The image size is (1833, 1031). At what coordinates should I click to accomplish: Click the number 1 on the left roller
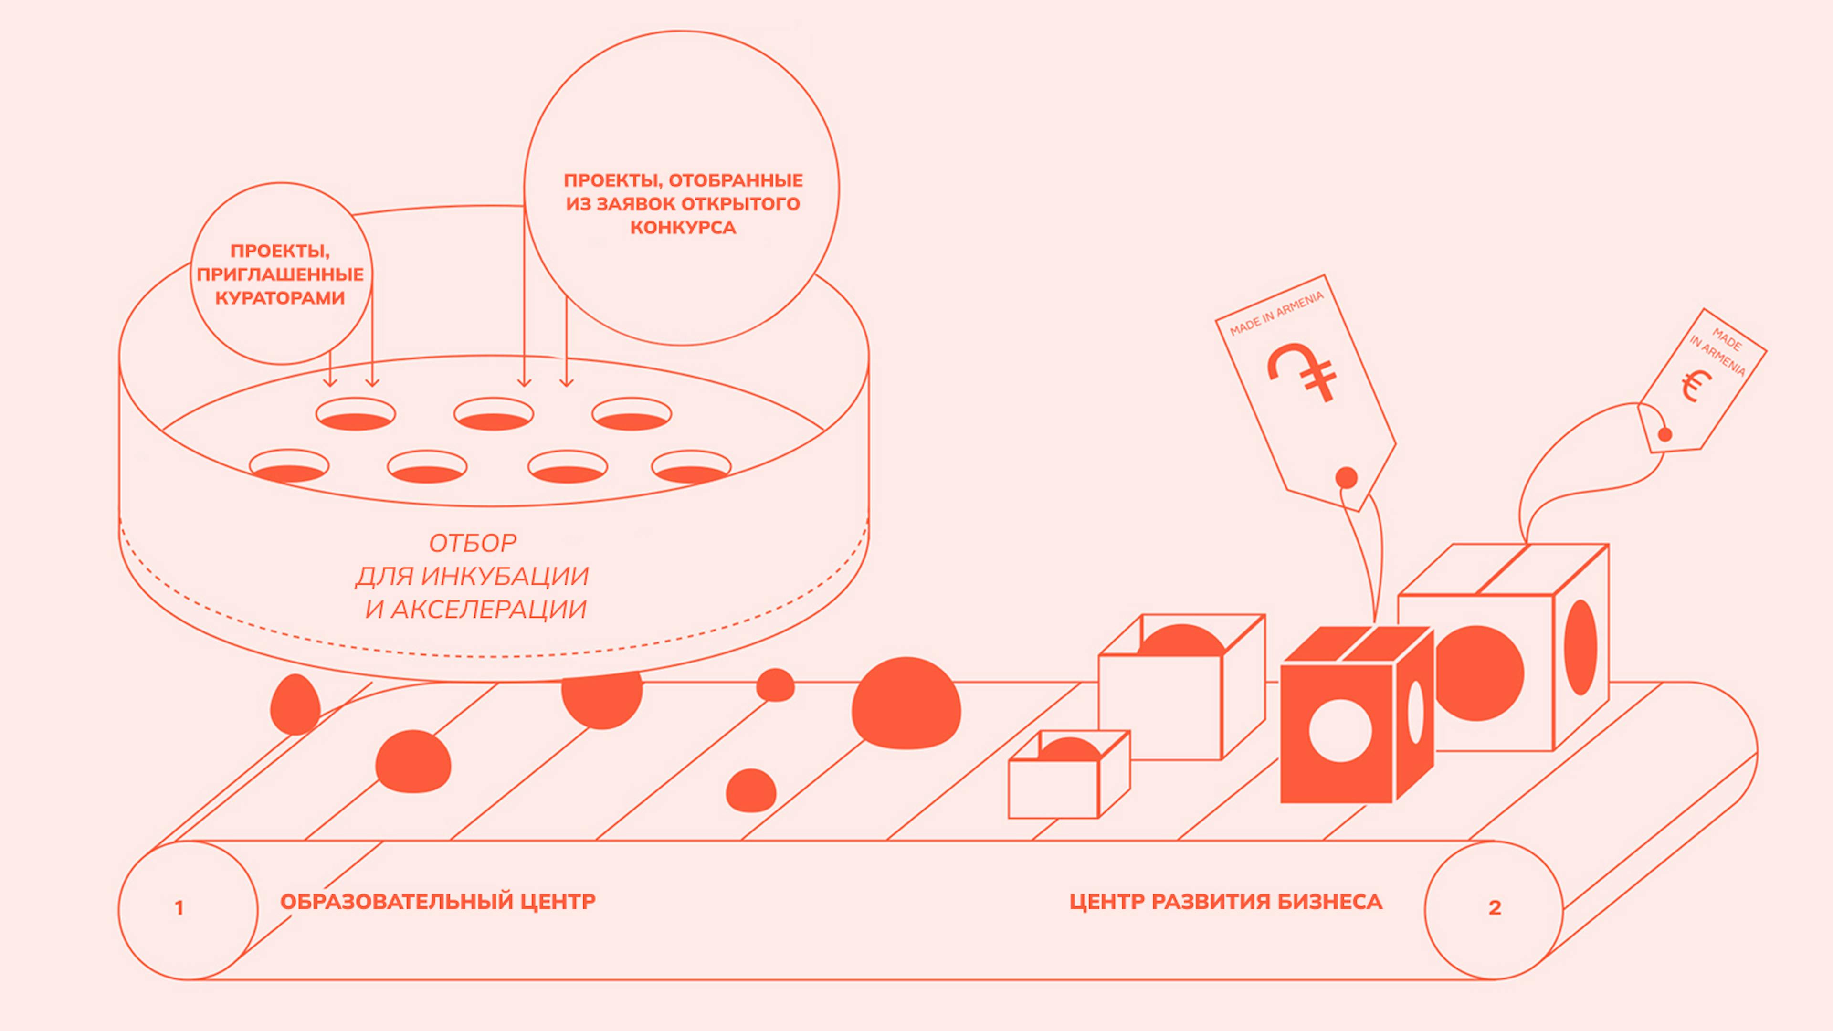pyautogui.click(x=179, y=908)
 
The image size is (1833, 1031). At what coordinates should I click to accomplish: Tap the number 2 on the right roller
pyautogui.click(x=1495, y=908)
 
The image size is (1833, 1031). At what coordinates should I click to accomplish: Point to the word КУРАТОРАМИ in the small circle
pyautogui.click(x=280, y=298)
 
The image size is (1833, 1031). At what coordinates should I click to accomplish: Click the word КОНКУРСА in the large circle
pyautogui.click(x=683, y=228)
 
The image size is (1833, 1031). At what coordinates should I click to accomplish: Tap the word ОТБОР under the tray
pyautogui.click(x=473, y=544)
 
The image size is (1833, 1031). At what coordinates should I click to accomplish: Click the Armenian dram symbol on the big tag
pyautogui.click(x=1302, y=371)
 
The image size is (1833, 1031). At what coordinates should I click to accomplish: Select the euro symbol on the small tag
pyautogui.click(x=1696, y=386)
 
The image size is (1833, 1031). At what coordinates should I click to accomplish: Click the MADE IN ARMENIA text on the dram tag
pyautogui.click(x=1276, y=313)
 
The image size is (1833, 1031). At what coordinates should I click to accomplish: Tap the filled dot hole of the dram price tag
pyautogui.click(x=1346, y=477)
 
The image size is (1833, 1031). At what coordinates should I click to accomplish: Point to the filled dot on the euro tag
pyautogui.click(x=1664, y=434)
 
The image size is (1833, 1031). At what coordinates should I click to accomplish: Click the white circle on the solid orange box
pyautogui.click(x=1340, y=731)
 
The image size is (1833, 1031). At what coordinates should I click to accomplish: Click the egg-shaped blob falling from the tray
pyautogui.click(x=295, y=705)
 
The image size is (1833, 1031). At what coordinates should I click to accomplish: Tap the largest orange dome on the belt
pyautogui.click(x=906, y=703)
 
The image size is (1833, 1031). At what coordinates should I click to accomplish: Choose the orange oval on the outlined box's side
pyautogui.click(x=1580, y=647)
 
